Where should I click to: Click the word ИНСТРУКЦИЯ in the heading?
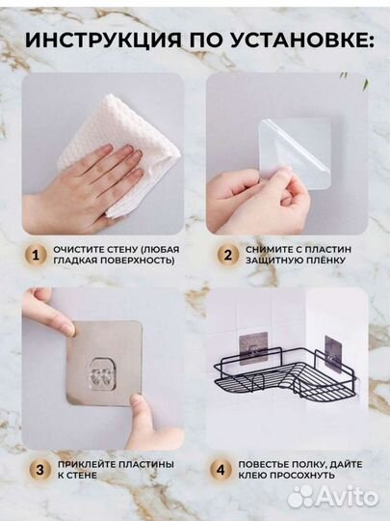coord(103,41)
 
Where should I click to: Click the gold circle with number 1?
coord(36,256)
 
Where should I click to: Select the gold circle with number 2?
coord(228,255)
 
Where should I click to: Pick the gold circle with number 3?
coord(39,470)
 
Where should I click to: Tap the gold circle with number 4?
coord(221,470)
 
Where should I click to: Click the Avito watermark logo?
coord(332,497)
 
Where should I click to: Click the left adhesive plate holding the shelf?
coord(253,347)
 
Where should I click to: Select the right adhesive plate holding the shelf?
coord(333,350)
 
